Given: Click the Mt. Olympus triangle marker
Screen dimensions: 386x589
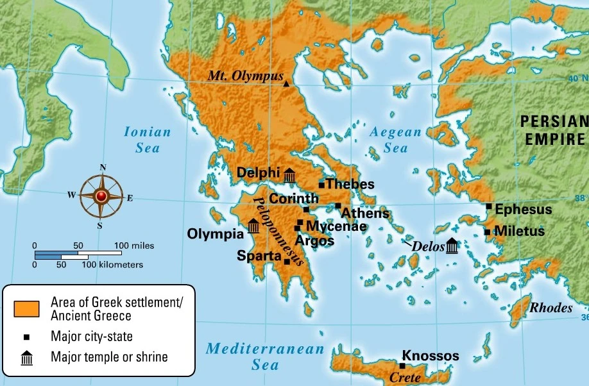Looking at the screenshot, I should click(x=286, y=83).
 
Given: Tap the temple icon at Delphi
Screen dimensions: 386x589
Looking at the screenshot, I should click(x=289, y=174).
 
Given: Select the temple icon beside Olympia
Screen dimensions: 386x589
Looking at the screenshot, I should click(x=253, y=226).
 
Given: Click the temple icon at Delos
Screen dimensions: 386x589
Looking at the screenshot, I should click(x=452, y=246).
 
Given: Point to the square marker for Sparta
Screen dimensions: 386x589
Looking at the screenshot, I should click(x=287, y=261).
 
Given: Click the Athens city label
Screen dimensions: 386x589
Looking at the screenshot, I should click(x=364, y=214).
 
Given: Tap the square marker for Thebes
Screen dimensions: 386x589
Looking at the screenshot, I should click(x=321, y=185).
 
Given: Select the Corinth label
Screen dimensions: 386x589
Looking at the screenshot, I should click(x=293, y=199).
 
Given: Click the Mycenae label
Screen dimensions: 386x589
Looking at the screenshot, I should click(x=336, y=226).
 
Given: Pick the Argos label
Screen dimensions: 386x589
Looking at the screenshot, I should click(x=314, y=241).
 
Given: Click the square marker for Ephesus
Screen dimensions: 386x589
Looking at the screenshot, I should click(x=489, y=206).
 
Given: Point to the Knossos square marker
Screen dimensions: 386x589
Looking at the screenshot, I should click(x=402, y=365).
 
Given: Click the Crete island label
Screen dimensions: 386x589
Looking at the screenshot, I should click(x=405, y=378).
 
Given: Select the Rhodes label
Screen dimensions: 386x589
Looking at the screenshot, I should click(x=551, y=308).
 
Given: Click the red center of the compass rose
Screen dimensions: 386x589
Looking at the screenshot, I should click(x=102, y=196).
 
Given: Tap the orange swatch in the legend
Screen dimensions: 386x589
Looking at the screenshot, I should click(x=26, y=308).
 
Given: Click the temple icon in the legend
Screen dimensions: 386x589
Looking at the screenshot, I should click(x=26, y=357).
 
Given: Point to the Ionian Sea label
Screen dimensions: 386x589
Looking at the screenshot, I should click(x=148, y=140).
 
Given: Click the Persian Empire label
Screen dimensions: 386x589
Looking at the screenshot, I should click(x=553, y=130).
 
